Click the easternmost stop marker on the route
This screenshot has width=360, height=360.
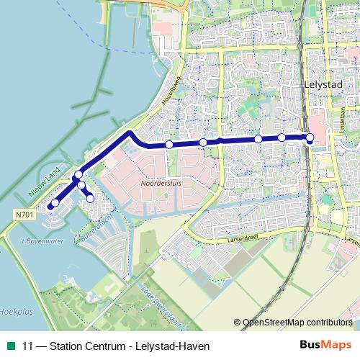point(310,138)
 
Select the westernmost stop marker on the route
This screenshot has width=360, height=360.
point(52,205)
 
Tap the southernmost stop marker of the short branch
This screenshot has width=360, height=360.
point(90,198)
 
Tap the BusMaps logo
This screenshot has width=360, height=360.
point(326,345)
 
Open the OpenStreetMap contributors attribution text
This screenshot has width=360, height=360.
point(297,323)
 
